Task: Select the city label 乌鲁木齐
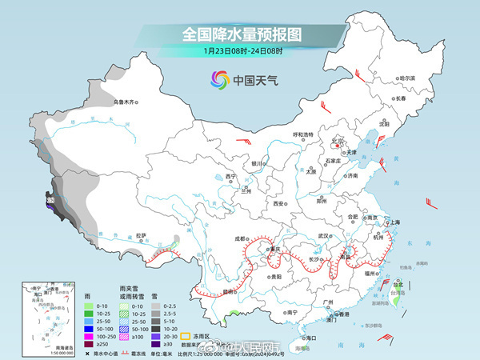[125, 102]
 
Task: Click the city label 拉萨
[141, 235]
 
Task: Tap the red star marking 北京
[337, 147]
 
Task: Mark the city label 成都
[240, 238]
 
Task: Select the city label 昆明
[231, 292]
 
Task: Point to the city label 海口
[311, 338]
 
